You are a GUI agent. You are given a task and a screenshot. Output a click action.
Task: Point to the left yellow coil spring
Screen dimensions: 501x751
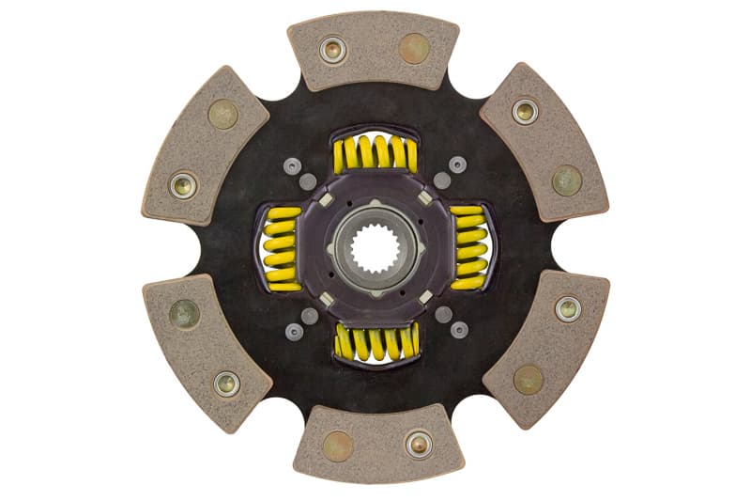[x=280, y=248]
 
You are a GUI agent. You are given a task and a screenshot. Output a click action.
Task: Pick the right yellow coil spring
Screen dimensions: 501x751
[x=469, y=248]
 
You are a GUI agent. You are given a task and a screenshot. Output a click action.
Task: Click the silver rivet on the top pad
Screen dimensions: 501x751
[x=332, y=49]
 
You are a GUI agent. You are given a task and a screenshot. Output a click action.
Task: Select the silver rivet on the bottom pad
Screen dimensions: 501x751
[x=418, y=444]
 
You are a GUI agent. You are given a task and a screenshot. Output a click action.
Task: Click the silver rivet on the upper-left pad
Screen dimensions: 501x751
[x=183, y=184]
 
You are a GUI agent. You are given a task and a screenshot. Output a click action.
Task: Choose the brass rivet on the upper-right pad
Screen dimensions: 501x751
[x=566, y=180]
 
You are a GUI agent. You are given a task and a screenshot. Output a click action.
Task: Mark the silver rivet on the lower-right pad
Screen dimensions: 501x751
[x=567, y=307]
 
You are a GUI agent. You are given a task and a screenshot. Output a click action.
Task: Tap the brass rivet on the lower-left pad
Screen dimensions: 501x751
[x=184, y=314]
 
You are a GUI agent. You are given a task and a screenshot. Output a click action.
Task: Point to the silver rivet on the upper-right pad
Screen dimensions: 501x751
[x=525, y=112]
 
